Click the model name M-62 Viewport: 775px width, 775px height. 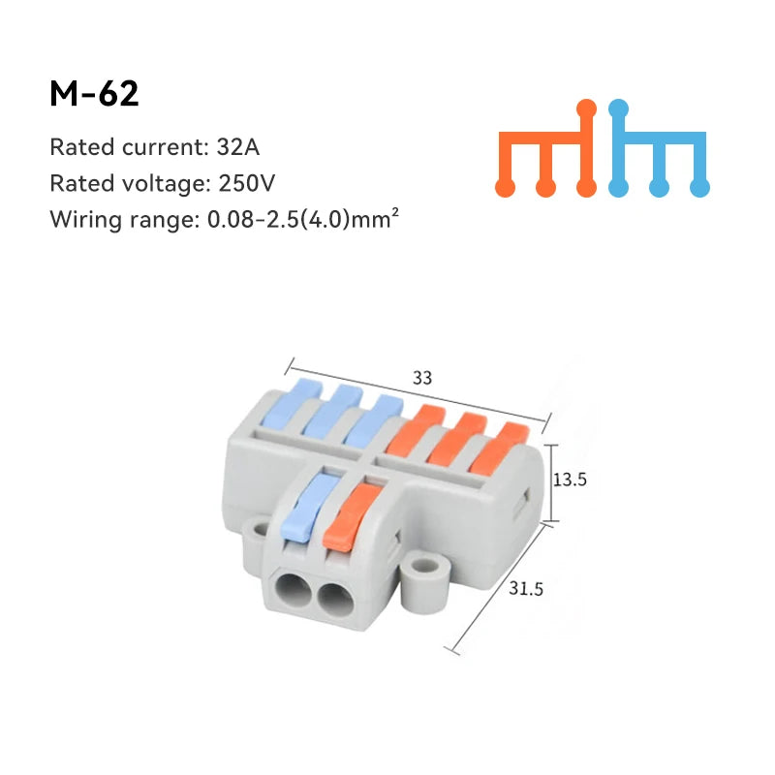pyautogui.click(x=94, y=94)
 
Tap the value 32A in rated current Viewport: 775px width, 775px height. pyautogui.click(x=239, y=148)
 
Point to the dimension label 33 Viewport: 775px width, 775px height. pyautogui.click(x=422, y=379)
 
